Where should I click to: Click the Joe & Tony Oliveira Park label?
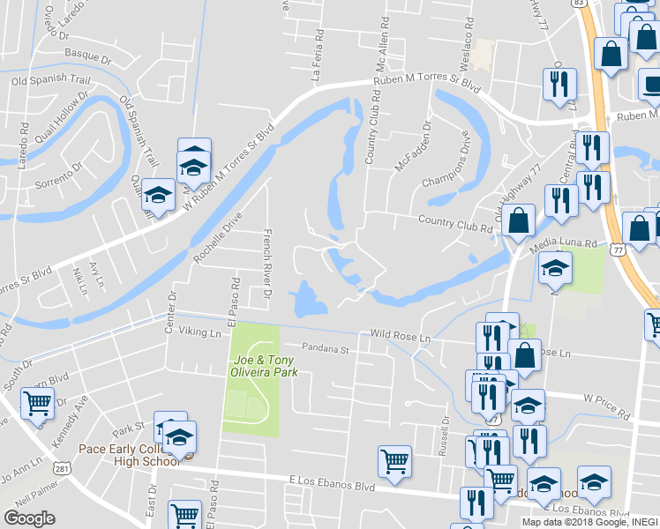click(x=263, y=366)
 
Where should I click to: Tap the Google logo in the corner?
click(x=29, y=518)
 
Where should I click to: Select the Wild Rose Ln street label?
click(x=400, y=337)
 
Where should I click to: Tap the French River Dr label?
click(x=266, y=258)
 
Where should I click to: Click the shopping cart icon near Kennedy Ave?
click(x=38, y=405)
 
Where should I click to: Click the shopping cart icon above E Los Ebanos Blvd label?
click(x=394, y=460)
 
